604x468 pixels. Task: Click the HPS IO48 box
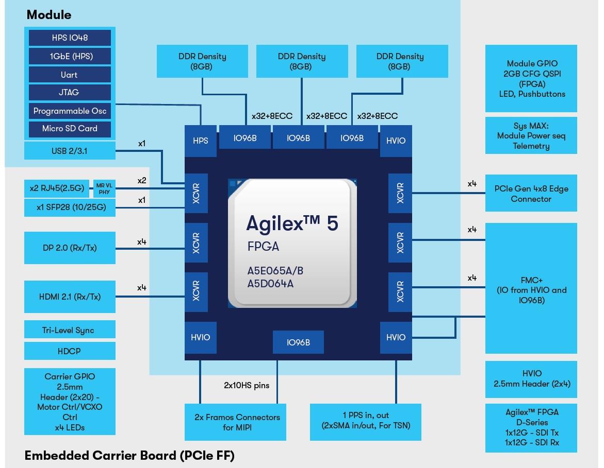(x=70, y=38)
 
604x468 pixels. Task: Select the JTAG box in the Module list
(x=70, y=93)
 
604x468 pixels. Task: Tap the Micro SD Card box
(x=70, y=129)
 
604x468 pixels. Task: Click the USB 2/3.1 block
(x=70, y=151)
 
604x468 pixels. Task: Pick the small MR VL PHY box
(x=104, y=188)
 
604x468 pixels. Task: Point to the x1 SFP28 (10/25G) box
(x=70, y=207)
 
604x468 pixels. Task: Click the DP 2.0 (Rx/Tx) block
(x=70, y=248)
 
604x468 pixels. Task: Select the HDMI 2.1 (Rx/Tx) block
(x=70, y=297)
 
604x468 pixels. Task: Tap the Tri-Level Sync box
(x=70, y=330)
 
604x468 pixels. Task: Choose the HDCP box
(x=70, y=351)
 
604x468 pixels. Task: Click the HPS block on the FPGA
(x=200, y=140)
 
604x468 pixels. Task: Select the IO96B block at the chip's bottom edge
(x=298, y=342)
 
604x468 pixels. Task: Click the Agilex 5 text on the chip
(x=292, y=223)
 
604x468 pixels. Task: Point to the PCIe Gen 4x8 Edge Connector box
(x=531, y=193)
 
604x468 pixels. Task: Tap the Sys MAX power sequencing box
(x=531, y=135)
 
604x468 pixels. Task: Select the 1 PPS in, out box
(x=365, y=420)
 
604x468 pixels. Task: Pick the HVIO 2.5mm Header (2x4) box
(x=531, y=379)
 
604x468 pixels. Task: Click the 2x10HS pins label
(x=246, y=385)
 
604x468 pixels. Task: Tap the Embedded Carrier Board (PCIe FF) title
(x=129, y=455)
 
